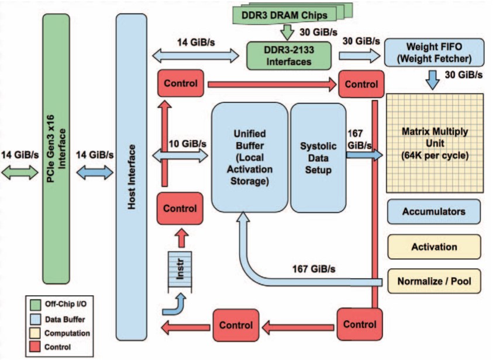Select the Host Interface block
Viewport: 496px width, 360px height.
pyautogui.click(x=132, y=175)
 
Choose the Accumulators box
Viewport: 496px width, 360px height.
pyautogui.click(x=433, y=212)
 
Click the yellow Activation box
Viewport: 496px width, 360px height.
pyautogui.click(x=433, y=247)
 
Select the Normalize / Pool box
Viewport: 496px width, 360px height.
pyautogui.click(x=433, y=281)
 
